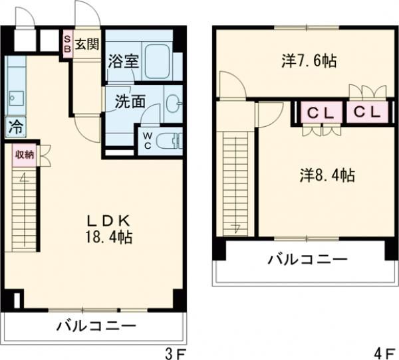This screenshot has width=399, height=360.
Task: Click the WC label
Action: tap(147, 141)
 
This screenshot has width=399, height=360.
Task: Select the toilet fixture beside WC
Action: tap(171, 141)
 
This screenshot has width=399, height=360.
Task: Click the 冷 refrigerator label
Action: tap(15, 126)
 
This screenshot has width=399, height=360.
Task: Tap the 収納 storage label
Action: tap(24, 155)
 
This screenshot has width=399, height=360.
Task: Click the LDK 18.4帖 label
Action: tap(105, 228)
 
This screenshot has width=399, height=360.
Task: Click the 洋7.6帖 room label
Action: tap(309, 62)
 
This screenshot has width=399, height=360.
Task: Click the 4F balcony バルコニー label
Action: tap(307, 258)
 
